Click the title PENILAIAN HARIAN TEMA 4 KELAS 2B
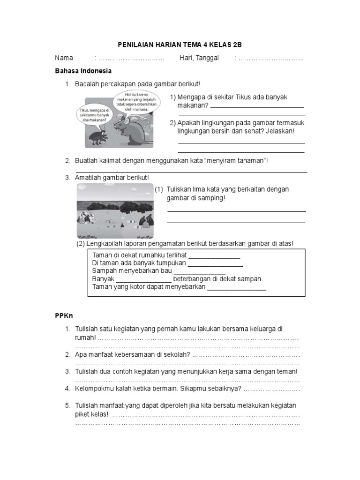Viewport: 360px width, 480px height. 180,45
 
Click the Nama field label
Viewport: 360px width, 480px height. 64,58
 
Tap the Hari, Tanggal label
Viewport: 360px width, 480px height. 199,58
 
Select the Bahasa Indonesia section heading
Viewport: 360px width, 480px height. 83,71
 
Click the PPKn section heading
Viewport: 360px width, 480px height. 64,316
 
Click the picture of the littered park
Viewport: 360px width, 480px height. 115,211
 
